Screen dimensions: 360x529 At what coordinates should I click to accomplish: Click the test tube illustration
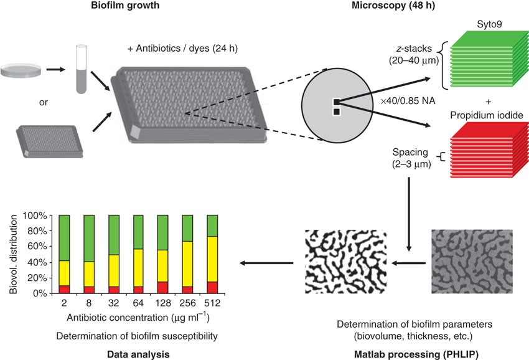click(x=79, y=69)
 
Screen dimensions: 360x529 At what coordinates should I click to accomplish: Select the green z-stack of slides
click(x=484, y=62)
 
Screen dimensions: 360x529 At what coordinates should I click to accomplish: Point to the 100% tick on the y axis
click(x=36, y=216)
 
